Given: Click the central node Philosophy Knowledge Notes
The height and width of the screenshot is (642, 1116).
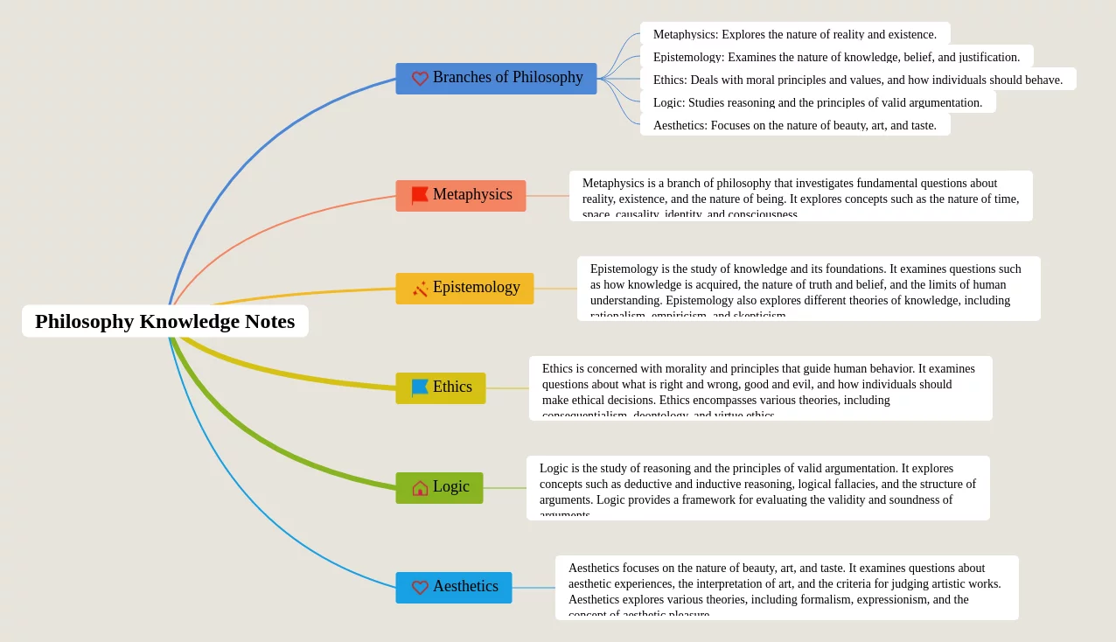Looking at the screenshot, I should coord(164,321).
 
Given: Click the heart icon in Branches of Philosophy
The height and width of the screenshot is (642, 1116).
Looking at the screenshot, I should coord(420,79).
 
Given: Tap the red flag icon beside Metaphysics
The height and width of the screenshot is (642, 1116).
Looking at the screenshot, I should coord(420,196).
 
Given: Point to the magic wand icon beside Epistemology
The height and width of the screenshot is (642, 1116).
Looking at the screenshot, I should coord(420,289).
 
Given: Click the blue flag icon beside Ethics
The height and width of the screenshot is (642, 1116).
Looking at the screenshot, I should coord(420,387).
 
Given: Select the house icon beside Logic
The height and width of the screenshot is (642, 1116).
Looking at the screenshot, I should coord(420,488).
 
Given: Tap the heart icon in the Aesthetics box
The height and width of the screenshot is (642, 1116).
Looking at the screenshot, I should coord(420,588).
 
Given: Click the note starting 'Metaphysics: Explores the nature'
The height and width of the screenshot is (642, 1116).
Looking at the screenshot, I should coord(794,34).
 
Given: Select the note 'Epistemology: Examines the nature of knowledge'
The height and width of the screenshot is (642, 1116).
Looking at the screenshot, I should coord(836,57).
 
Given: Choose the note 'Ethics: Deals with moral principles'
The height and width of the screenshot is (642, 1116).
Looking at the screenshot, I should coord(857,80).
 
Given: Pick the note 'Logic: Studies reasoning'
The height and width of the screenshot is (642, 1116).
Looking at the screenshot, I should coord(817,102).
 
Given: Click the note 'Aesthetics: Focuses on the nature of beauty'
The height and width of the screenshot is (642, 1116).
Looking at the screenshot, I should coord(794,125).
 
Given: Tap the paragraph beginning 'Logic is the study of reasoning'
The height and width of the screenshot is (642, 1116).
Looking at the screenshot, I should coord(757,488).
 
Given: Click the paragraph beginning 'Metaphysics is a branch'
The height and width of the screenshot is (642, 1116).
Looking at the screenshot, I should coord(800,196).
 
